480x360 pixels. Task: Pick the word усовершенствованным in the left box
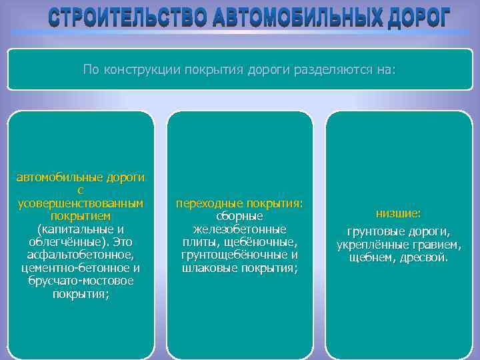[80, 203]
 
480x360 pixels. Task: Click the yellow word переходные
[209, 203]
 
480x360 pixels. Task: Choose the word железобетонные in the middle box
[239, 229]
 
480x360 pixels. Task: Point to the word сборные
[239, 216]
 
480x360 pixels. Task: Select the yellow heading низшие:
[398, 213]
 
